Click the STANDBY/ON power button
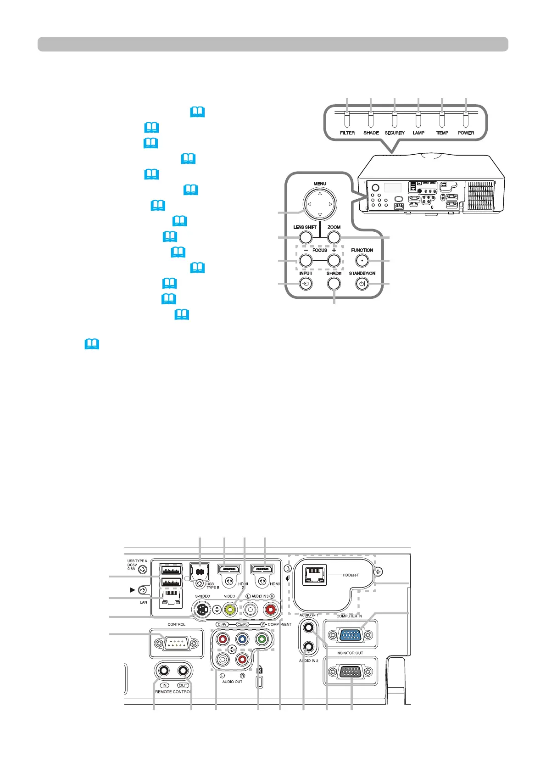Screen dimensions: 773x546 (x=362, y=284)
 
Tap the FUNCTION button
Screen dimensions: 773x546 (x=362, y=261)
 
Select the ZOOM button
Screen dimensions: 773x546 (x=334, y=237)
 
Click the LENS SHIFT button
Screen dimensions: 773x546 (x=305, y=237)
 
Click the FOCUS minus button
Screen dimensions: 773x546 (x=306, y=261)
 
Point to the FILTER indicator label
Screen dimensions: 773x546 (x=347, y=133)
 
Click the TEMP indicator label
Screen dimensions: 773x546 (x=442, y=133)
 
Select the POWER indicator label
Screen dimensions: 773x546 (x=466, y=133)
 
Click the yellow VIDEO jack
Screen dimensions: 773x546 (x=229, y=610)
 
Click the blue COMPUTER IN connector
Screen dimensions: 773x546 (x=350, y=635)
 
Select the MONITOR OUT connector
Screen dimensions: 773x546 (x=350, y=672)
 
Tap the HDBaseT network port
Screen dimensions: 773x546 (x=314, y=575)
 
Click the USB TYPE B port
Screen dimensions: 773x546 (x=199, y=572)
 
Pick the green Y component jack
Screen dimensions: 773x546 (x=261, y=639)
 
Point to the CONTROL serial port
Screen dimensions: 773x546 (x=176, y=644)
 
